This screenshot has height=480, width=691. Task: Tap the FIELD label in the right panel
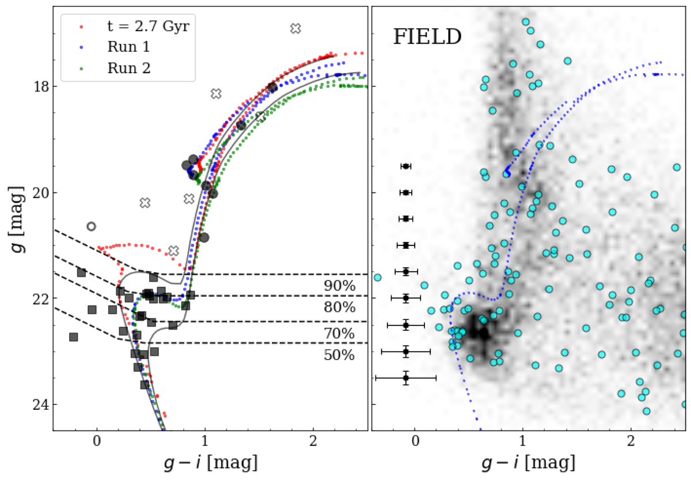click(x=427, y=37)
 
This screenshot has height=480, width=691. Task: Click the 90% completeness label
click(x=339, y=286)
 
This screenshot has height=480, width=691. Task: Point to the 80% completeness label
click(x=339, y=308)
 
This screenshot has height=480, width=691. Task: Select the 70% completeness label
click(x=339, y=334)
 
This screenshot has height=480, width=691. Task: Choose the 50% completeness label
click(x=339, y=355)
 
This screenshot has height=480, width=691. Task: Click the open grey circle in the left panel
click(x=91, y=226)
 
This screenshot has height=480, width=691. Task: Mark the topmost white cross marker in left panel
click(x=295, y=28)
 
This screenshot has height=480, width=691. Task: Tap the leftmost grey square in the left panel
click(x=73, y=337)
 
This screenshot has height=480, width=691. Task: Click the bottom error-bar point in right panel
click(x=406, y=378)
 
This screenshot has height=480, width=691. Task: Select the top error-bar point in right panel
click(x=406, y=166)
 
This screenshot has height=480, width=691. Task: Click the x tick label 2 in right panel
click(x=631, y=444)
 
